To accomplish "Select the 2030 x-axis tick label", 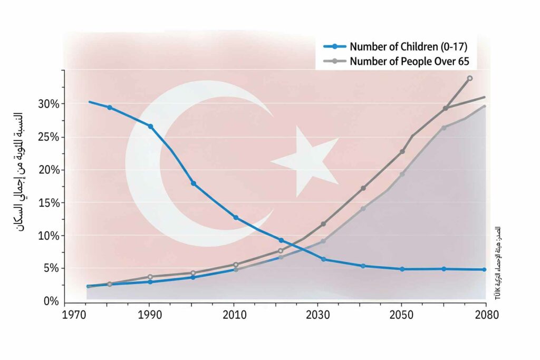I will [x=317, y=315].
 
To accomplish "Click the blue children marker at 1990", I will [x=150, y=127].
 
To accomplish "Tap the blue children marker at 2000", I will [x=194, y=183].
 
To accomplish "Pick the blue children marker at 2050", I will [x=402, y=269].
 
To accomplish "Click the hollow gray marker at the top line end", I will [x=469, y=78].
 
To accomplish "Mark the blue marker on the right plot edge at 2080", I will [x=484, y=269].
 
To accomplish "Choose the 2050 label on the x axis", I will [x=402, y=315].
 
